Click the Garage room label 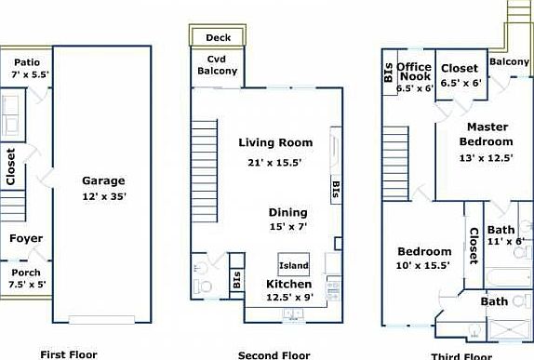tap(103, 181)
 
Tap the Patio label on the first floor tap(26, 62)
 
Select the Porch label tap(26, 273)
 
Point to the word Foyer tap(26, 239)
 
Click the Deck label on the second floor tap(218, 38)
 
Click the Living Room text tap(275, 143)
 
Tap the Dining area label tap(287, 212)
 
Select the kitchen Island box tap(294, 265)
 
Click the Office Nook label tap(414, 73)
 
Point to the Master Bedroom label tap(486, 134)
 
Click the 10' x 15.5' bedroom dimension tap(424, 265)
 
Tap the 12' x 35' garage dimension tap(103, 196)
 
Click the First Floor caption tap(69, 354)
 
